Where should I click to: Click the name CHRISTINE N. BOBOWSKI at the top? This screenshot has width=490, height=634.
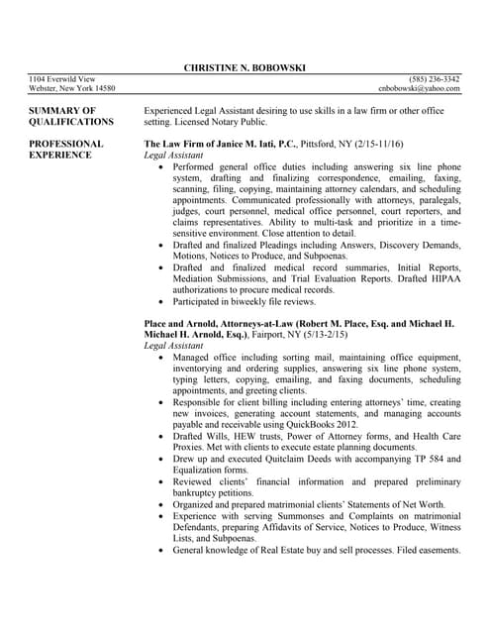point(245,67)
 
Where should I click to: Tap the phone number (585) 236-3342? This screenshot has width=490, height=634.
point(436,79)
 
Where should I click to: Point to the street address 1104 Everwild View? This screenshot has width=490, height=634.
point(61,79)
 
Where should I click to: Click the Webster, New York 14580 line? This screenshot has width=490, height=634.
point(72,89)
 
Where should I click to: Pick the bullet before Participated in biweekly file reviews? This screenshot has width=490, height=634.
point(161,301)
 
